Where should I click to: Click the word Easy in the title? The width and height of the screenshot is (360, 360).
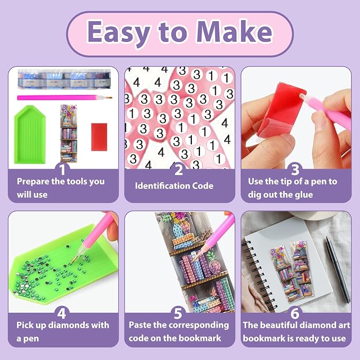[119, 33]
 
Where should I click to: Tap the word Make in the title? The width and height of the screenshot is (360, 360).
[235, 32]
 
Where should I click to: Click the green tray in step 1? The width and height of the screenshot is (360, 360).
[30, 134]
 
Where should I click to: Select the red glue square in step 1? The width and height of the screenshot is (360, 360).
[99, 137]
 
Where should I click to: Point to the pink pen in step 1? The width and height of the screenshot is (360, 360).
[65, 98]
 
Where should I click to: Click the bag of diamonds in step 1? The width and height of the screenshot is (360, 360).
[64, 79]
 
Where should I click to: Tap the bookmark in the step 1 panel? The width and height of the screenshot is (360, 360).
[68, 134]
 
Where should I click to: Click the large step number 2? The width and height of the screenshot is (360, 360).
[179, 170]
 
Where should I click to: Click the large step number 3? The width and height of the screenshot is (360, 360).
[295, 170]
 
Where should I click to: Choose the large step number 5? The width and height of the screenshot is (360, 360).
[178, 314]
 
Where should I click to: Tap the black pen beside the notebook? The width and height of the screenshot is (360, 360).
[338, 269]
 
